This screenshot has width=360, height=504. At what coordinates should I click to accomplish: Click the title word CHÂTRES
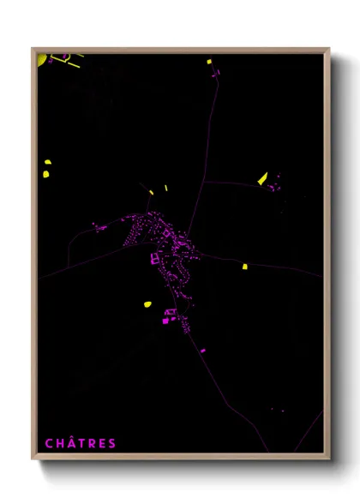tap(81, 443)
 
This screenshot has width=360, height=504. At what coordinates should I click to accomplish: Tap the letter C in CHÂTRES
tap(49, 443)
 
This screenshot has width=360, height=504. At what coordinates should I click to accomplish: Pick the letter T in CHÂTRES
tap(81, 443)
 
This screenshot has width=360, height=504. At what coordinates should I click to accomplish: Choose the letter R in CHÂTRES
tap(92, 443)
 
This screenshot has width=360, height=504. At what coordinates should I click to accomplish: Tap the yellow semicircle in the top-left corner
tap(41, 59)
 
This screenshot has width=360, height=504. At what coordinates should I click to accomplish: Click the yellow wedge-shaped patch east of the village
tap(262, 178)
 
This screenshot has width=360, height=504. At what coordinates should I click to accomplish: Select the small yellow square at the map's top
tap(208, 62)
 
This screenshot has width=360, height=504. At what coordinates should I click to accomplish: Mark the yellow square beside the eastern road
tap(244, 267)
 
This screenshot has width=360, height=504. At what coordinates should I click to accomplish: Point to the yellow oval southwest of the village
tap(147, 304)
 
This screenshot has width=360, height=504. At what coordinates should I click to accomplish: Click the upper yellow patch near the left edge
tap(46, 162)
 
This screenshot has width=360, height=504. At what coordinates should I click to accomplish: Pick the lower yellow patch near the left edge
tap(45, 174)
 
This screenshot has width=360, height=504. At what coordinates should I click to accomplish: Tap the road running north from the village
tap(206, 154)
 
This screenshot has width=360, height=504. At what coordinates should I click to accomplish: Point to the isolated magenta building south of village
tap(202, 350)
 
